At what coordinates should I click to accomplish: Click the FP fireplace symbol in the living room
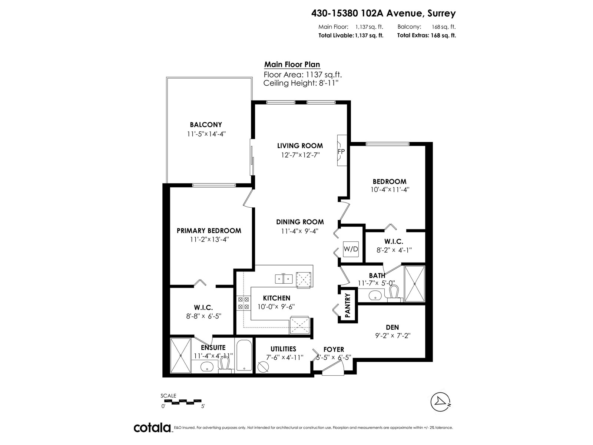341,151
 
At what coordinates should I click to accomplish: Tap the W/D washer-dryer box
351,249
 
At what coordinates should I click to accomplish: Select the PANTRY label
348,306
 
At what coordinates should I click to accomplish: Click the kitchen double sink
284,278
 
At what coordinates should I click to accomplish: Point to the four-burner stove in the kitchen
243,303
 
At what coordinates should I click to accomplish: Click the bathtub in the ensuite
244,355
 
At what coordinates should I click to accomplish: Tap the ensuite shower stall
180,355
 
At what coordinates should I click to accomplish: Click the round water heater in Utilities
263,366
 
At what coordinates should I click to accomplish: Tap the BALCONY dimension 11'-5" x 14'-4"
206,134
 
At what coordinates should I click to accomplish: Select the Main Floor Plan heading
292,64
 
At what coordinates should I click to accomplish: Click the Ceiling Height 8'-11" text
301,83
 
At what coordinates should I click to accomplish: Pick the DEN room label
392,327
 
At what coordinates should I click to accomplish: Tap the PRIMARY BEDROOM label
209,231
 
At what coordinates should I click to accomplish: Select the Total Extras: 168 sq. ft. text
426,36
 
